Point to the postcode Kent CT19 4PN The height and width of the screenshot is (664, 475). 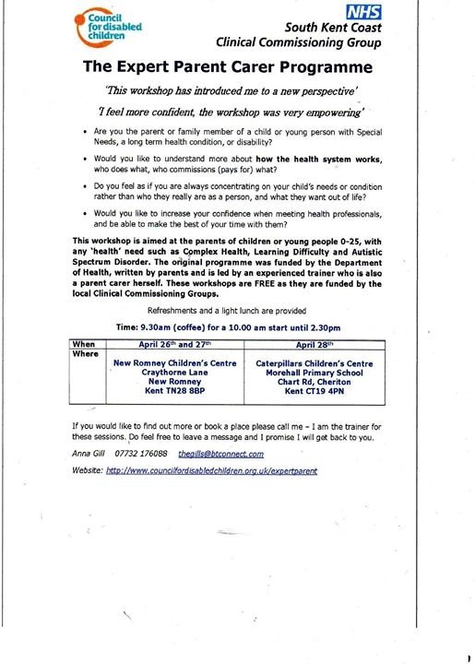pos(314,391)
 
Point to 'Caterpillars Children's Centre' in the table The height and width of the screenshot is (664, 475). pos(314,363)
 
